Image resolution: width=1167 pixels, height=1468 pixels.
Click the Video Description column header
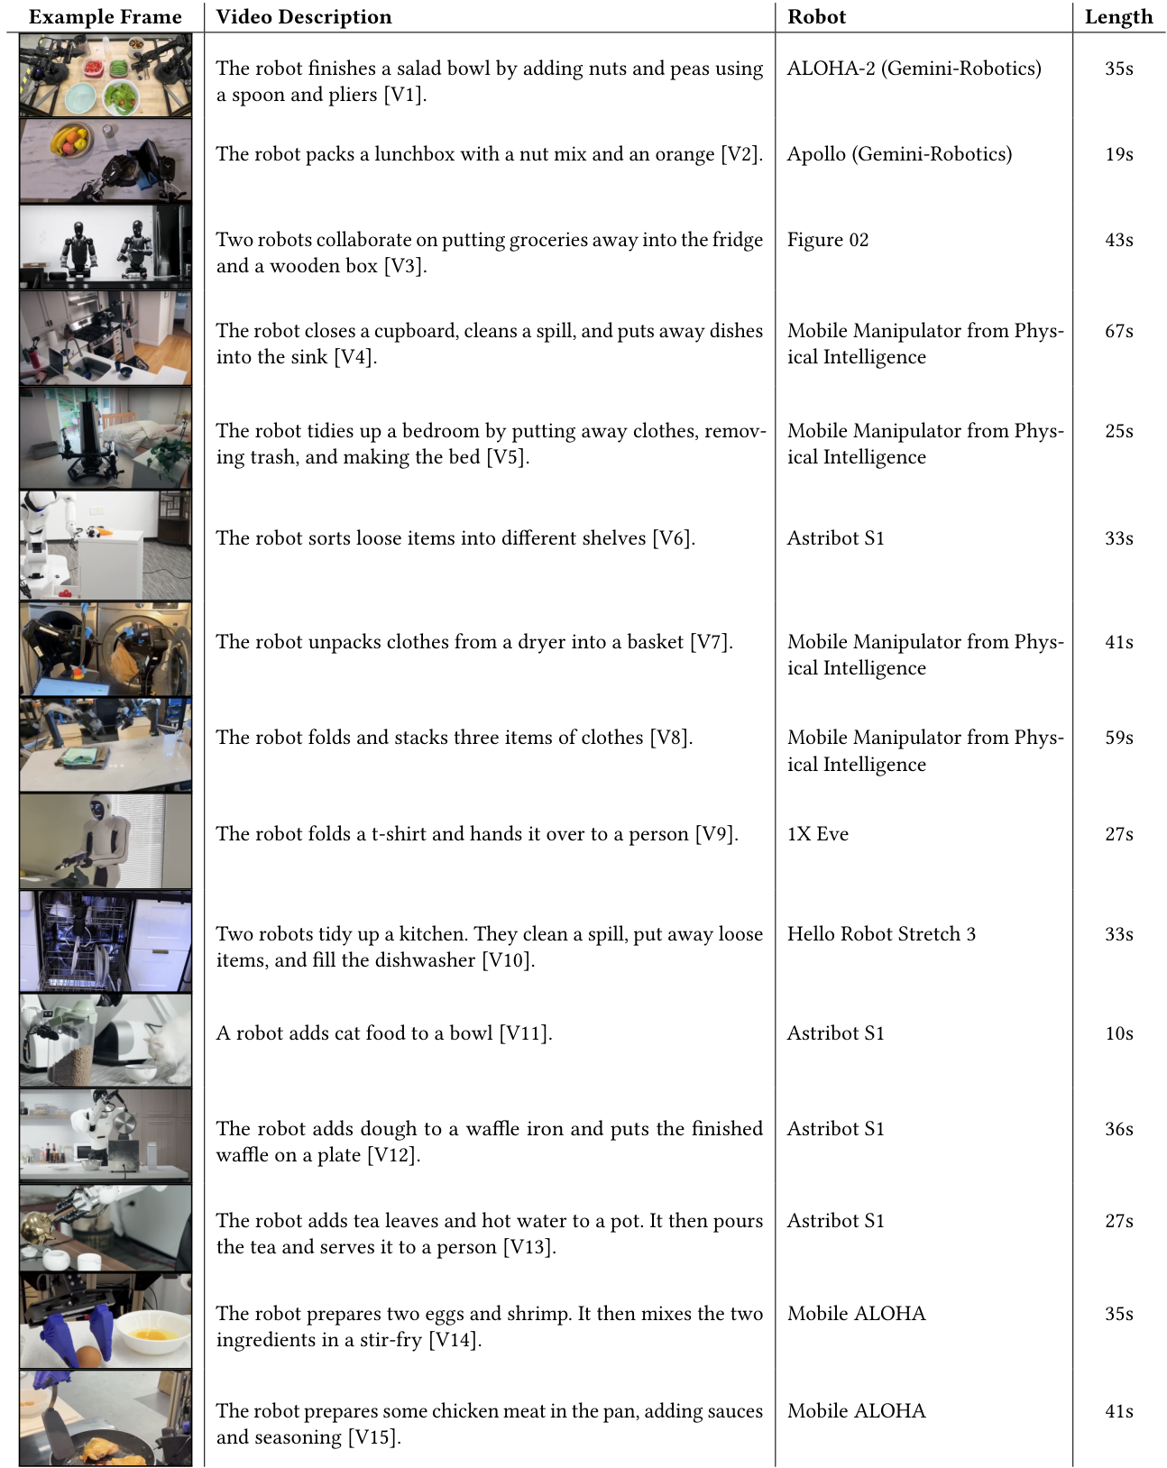pos(304,17)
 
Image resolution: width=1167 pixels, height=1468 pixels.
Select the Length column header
pos(1118,17)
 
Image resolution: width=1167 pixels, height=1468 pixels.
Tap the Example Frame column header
pos(106,17)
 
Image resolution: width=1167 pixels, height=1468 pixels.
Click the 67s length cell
pos(1118,331)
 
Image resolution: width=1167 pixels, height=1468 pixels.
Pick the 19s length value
pos(1118,154)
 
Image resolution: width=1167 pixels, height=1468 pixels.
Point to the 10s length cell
pos(1118,1033)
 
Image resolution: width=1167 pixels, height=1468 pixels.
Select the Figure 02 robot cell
pos(827,240)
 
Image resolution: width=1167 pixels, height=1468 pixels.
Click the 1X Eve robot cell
pos(817,834)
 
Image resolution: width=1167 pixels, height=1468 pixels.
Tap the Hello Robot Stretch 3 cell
pos(881,934)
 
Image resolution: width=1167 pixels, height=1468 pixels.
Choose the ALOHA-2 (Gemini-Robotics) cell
pos(914,69)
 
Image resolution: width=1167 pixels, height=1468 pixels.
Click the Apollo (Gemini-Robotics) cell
pos(899,154)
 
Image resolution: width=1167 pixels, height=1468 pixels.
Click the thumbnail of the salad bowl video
pos(106,76)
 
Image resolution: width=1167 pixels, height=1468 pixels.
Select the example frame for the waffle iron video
pos(106,1135)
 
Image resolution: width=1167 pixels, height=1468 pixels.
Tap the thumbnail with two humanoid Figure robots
pos(106,246)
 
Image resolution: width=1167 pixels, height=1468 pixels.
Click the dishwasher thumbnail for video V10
pos(106,941)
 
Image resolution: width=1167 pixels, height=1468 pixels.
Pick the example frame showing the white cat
pos(106,1040)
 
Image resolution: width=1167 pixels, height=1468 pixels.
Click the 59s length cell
pos(1118,738)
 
